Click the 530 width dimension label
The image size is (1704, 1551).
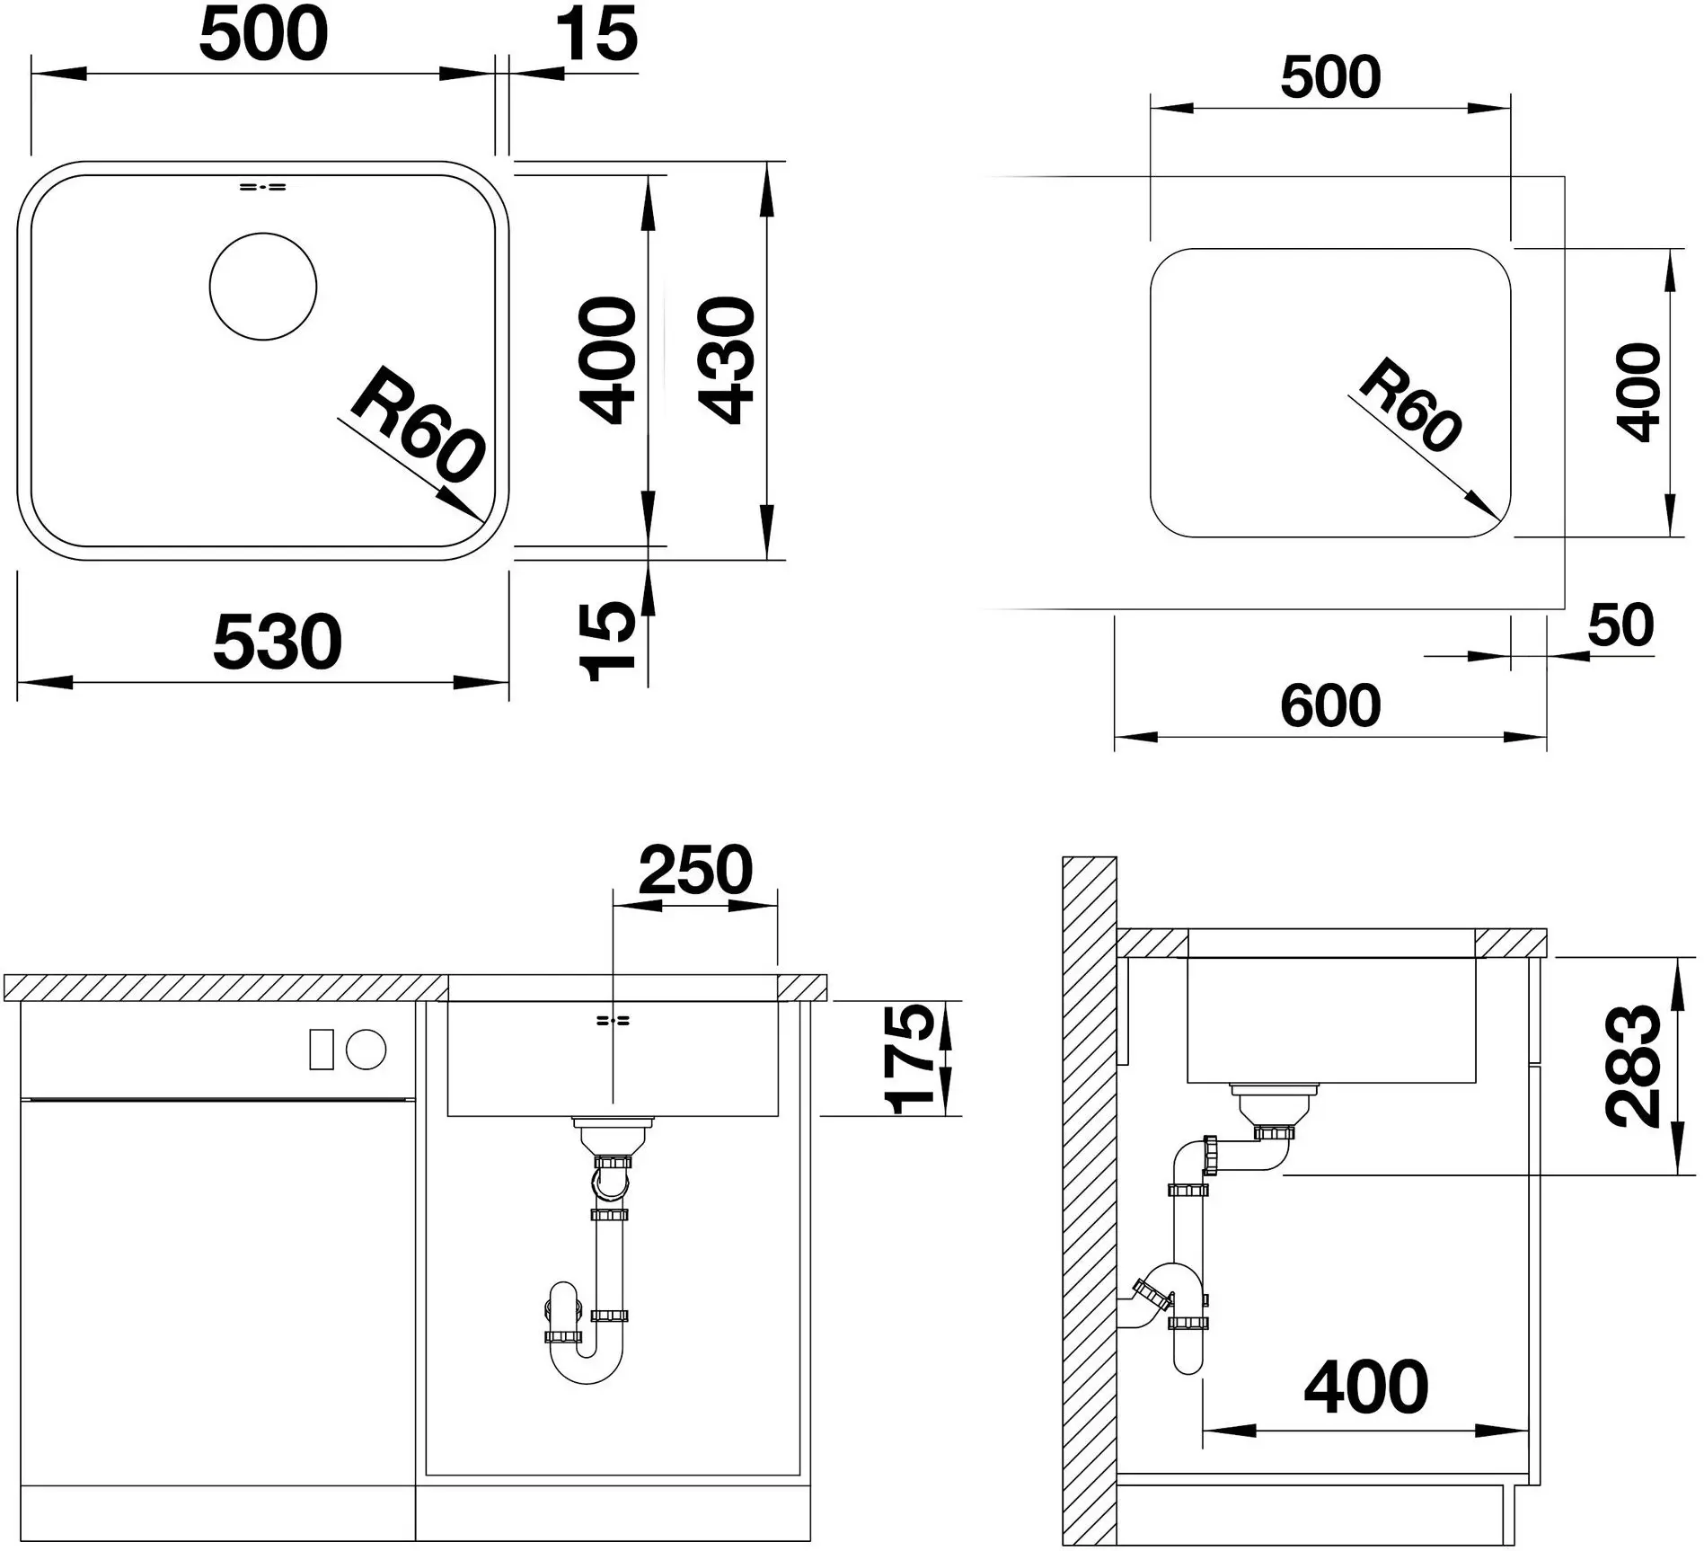pyautogui.click(x=277, y=642)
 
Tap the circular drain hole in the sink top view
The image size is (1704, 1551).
pyautogui.click(x=263, y=287)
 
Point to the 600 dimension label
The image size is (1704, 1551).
pyautogui.click(x=1330, y=705)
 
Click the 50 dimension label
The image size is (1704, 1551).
pyautogui.click(x=1620, y=625)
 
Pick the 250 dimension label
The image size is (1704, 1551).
pyautogui.click(x=695, y=870)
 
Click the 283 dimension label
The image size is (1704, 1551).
pyautogui.click(x=1633, y=1066)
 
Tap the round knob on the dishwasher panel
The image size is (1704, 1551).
pyautogui.click(x=366, y=1050)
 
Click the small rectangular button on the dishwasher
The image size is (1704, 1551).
pyautogui.click(x=322, y=1050)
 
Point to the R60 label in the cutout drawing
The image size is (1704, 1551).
pyautogui.click(x=1409, y=405)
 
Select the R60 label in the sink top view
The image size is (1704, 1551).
pyautogui.click(x=419, y=424)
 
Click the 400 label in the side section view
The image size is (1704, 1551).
pyautogui.click(x=1366, y=1387)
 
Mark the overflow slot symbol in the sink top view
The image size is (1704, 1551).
pyautogui.click(x=262, y=187)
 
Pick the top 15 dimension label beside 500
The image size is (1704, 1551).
pyautogui.click(x=596, y=34)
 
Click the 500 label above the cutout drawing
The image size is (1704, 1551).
pyautogui.click(x=1330, y=77)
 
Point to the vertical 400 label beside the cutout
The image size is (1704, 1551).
pyautogui.click(x=1638, y=392)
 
